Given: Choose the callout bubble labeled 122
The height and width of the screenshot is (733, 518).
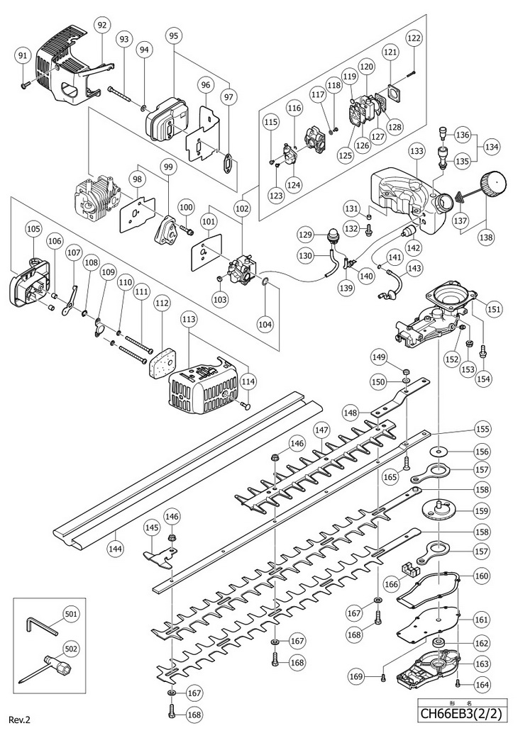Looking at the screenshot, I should (414, 38).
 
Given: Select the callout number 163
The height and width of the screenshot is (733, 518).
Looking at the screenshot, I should (482, 664).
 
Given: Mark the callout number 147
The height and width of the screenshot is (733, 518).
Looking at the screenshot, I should (323, 430).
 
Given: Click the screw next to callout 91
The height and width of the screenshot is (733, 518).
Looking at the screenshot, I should (27, 82).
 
